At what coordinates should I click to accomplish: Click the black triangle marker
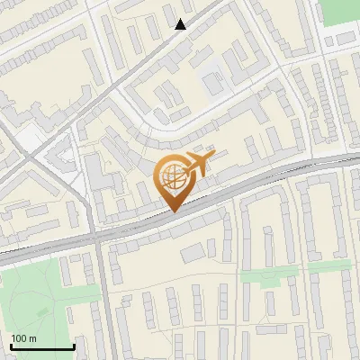[x=181, y=24]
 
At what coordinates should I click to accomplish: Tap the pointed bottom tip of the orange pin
[x=174, y=211]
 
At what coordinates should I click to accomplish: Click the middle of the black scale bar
[x=42, y=346]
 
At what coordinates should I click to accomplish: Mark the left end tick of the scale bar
[x=11, y=346]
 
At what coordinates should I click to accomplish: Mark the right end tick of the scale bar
[x=74, y=346]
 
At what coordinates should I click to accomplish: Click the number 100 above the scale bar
[x=19, y=337]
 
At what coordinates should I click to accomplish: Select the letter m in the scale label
[x=32, y=338]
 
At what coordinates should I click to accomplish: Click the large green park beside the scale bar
[x=36, y=297]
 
